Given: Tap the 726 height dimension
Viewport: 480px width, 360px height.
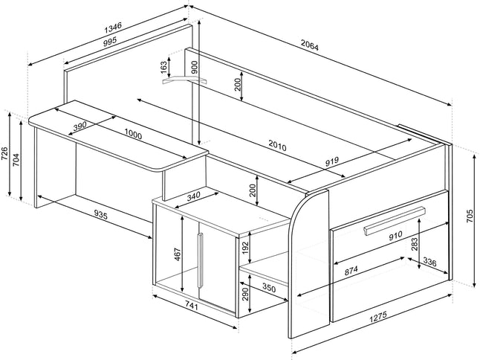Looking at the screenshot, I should (6, 154).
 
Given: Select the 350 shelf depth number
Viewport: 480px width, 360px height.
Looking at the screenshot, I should (268, 288).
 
